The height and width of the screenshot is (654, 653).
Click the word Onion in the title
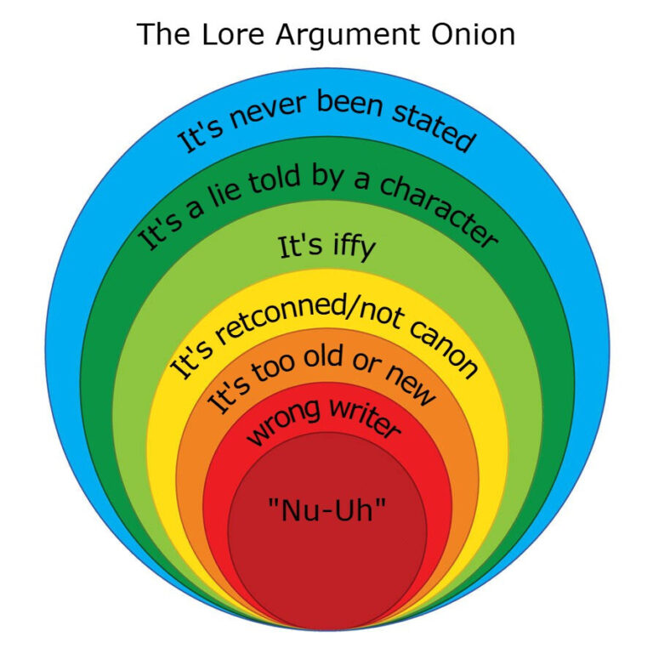click(474, 34)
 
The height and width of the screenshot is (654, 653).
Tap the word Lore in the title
click(233, 34)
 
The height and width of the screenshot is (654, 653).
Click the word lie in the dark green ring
click(225, 194)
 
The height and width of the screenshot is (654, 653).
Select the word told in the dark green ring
click(275, 178)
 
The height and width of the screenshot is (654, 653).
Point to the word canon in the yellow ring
click(443, 350)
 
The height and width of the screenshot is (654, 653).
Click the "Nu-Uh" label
click(327, 509)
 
